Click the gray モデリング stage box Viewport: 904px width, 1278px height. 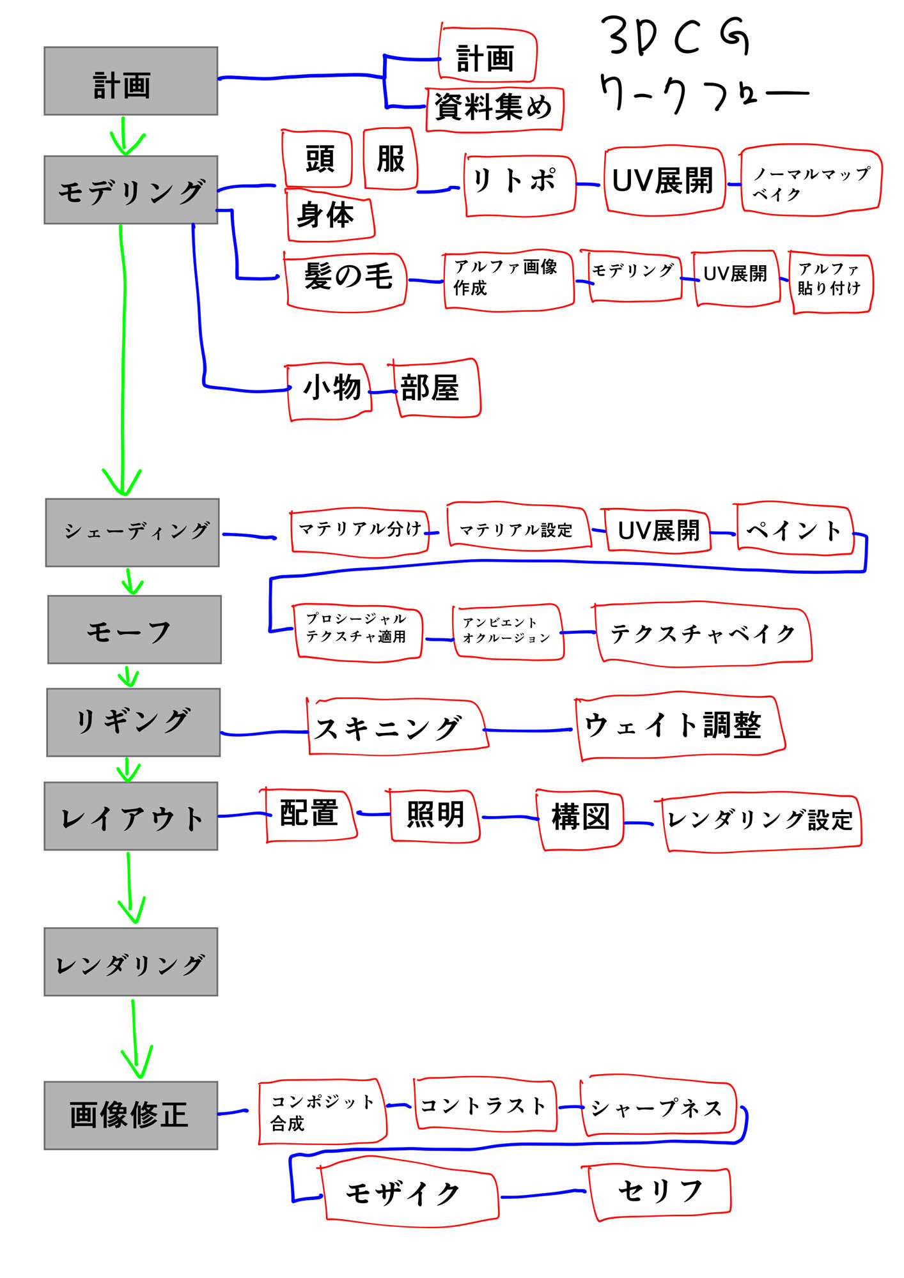click(130, 190)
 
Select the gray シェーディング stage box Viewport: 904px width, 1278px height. click(132, 532)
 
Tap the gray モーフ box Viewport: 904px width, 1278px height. click(134, 629)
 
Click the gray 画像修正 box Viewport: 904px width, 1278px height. click(130, 1115)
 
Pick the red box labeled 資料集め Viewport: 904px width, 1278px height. click(494, 109)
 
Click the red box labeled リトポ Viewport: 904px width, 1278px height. click(519, 185)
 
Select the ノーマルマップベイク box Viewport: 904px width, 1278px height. click(811, 183)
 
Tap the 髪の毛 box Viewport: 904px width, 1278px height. click(346, 281)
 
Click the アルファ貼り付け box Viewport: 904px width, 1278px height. click(830, 281)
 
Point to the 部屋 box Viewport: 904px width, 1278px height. click(435, 388)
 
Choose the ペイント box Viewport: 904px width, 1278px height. click(795, 530)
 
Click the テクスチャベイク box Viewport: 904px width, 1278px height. click(703, 634)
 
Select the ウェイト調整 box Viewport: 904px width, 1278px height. click(680, 727)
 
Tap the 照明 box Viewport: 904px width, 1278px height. click(435, 816)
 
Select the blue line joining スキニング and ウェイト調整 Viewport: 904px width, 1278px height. click(528, 730)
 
